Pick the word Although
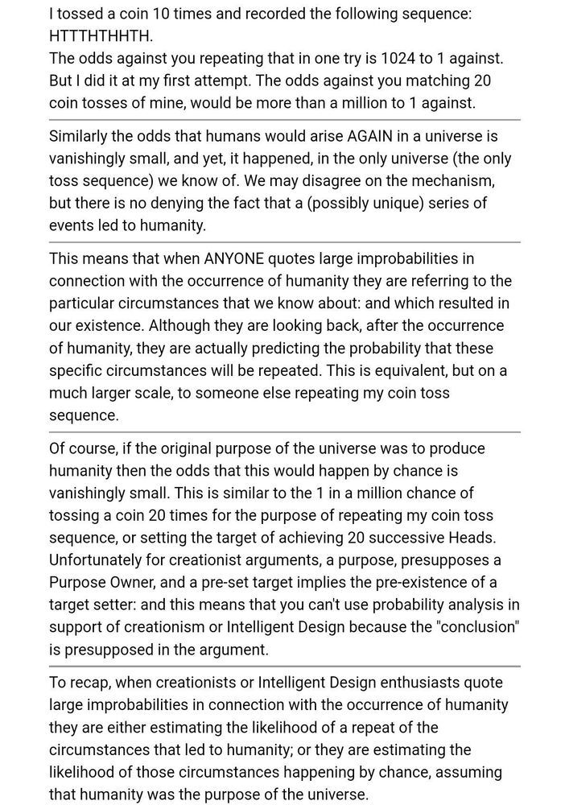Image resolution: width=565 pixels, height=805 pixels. tap(179, 326)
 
